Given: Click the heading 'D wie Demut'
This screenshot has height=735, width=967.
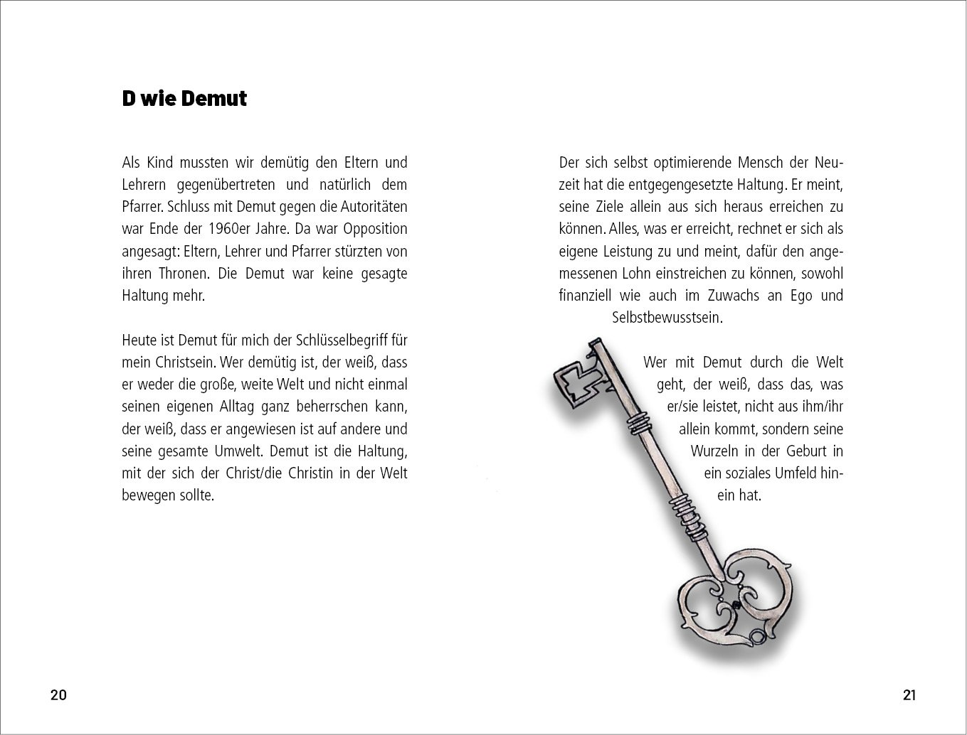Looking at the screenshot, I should pos(184,99).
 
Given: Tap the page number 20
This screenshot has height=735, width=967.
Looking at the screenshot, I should pos(58,695).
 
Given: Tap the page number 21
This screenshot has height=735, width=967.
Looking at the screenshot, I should pos(909,695).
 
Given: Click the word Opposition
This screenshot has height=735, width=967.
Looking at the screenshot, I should pos(375,229).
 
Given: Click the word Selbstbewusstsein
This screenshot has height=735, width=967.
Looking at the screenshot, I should pos(667,318).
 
